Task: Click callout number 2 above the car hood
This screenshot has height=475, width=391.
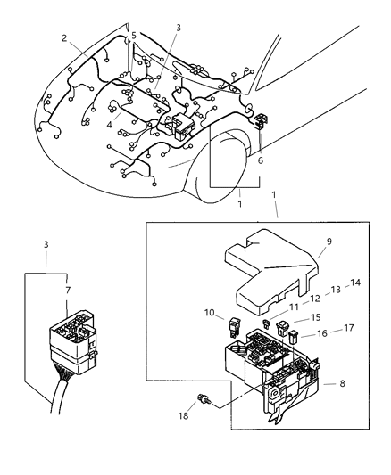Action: coord(65,37)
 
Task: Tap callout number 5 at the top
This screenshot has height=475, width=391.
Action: coord(133,36)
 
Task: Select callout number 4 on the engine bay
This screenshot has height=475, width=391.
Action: coord(110,125)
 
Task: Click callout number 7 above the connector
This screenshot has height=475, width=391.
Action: coord(68,290)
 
